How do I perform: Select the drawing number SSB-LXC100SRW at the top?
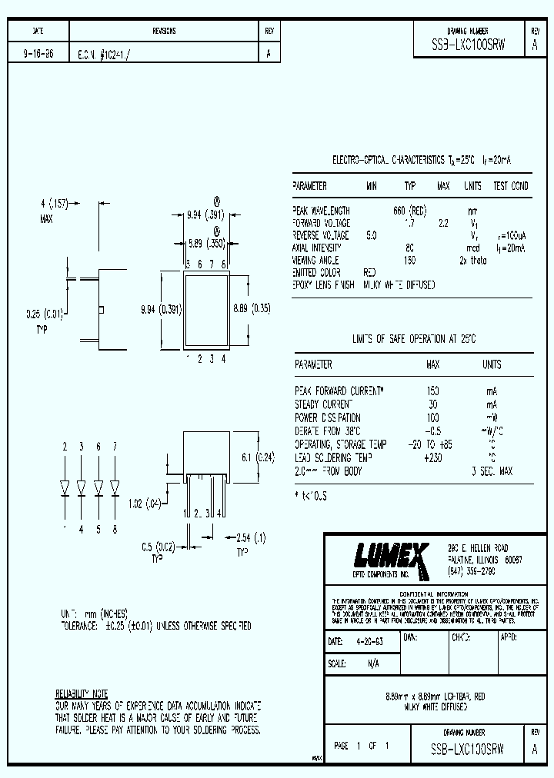pyautogui.click(x=469, y=45)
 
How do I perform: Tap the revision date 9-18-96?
pyautogui.click(x=38, y=55)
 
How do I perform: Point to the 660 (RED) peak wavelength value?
pyautogui.click(x=409, y=210)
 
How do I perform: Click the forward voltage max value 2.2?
pyautogui.click(x=443, y=223)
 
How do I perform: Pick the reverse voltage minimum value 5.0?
pyautogui.click(x=372, y=235)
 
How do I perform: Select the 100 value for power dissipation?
pyautogui.click(x=432, y=417)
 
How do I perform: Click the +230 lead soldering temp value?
pyautogui.click(x=432, y=457)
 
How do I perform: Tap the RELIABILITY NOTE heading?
pyautogui.click(x=82, y=693)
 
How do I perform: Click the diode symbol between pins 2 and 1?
pyautogui.click(x=65, y=487)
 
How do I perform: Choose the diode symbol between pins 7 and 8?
pyautogui.click(x=115, y=487)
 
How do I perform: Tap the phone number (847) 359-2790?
pyautogui.click(x=471, y=573)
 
